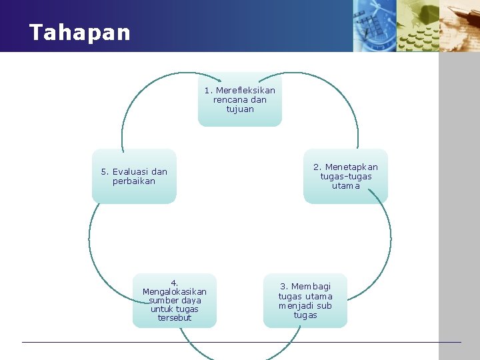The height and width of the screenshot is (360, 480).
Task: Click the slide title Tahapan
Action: point(80,33)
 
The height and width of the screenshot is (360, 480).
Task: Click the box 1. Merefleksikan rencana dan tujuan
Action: point(239,99)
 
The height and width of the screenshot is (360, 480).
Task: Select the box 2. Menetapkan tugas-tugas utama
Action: point(345,176)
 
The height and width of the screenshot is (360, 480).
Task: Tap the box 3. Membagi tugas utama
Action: point(305,301)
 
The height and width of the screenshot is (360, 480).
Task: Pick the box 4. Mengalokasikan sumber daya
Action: point(175,301)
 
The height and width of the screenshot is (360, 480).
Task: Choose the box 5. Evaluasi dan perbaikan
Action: point(134,176)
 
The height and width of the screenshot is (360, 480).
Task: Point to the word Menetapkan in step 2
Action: point(351,167)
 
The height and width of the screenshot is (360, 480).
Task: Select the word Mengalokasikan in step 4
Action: point(175,291)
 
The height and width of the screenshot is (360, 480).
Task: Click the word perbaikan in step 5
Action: point(134,181)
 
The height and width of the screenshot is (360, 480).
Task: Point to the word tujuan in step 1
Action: point(240,109)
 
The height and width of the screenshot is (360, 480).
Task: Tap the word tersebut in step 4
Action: point(175,318)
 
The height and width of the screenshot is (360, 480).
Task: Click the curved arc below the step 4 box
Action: point(193,349)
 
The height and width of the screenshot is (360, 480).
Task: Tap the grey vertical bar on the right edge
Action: point(459,200)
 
